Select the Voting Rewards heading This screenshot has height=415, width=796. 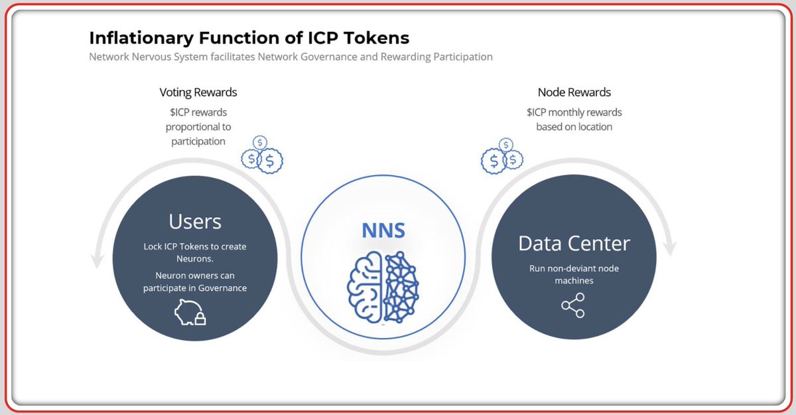[x=198, y=92]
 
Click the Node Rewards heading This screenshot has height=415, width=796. [x=574, y=92]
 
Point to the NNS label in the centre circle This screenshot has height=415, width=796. [x=383, y=230]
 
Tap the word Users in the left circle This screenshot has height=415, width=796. [x=195, y=221]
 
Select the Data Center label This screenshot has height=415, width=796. [x=574, y=243]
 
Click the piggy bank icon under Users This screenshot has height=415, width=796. [x=190, y=312]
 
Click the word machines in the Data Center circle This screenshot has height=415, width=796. [x=574, y=281]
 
